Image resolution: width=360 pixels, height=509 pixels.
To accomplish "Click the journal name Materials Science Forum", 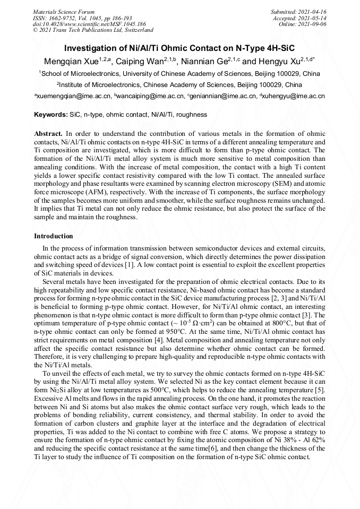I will (64, 11).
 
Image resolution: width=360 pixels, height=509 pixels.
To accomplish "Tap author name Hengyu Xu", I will (287, 62).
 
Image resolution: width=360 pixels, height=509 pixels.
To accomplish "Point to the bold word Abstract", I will (48, 133).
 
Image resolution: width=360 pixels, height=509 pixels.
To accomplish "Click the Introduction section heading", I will (54, 236).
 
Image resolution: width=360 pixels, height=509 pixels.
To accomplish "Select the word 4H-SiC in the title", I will (278, 47).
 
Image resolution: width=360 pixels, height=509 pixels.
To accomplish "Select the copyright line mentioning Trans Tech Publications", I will (93, 30).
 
